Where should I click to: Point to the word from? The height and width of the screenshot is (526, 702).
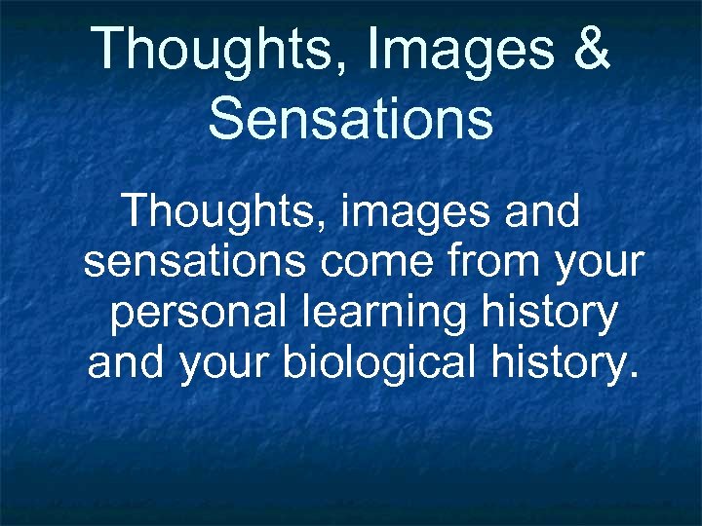tap(485, 262)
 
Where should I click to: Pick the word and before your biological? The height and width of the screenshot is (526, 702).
tap(126, 363)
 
